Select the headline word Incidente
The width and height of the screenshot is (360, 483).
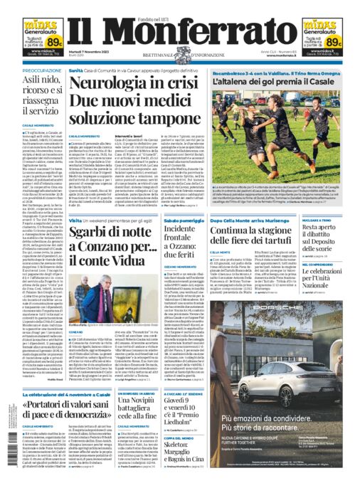click(184, 230)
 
